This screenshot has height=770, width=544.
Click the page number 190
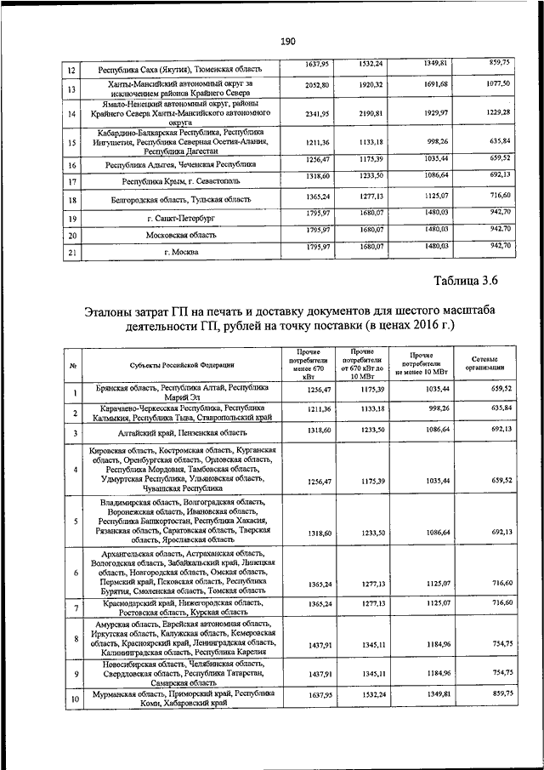(286, 40)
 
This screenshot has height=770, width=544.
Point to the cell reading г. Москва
(179, 254)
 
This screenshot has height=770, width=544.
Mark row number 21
(73, 254)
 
